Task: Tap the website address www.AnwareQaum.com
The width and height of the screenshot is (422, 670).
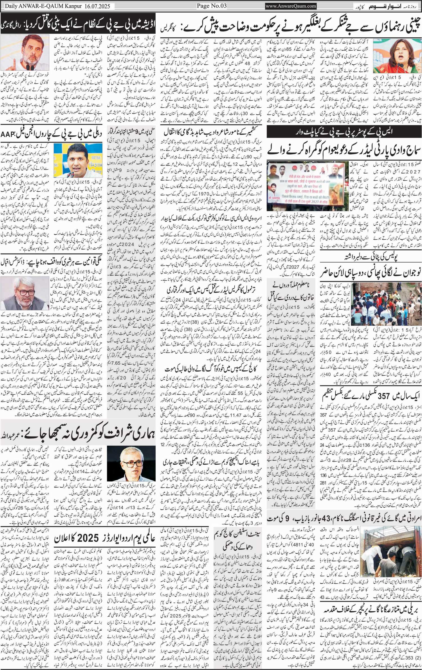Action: tap(291, 6)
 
